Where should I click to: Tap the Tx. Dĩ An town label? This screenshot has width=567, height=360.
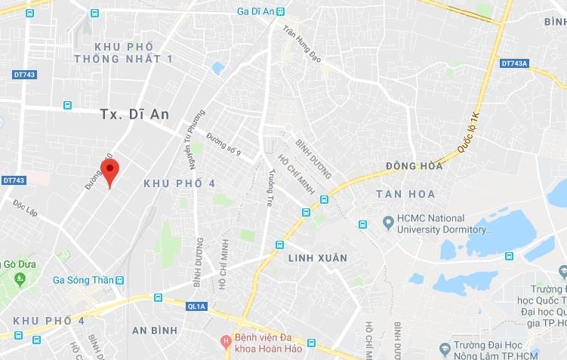tap(135, 114)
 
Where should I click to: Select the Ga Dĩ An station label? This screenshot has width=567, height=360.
tap(254, 11)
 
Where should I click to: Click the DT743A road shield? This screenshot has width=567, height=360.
tap(513, 63)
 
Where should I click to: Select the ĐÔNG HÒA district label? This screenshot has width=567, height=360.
tap(414, 166)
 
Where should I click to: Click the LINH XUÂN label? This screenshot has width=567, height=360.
tap(318, 258)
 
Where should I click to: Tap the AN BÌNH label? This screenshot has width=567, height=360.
tap(154, 331)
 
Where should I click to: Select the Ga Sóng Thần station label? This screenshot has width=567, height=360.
tap(83, 280)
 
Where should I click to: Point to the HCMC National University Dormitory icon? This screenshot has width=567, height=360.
tap(388, 223)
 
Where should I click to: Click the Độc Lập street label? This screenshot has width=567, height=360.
tap(25, 208)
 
